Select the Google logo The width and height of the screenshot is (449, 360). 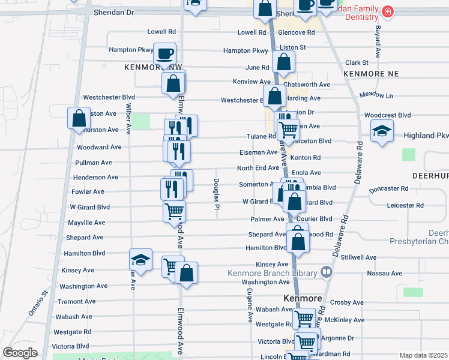pos(20,352)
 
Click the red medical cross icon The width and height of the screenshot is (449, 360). pos(388,11)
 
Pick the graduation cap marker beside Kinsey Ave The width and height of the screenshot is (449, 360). pos(140,260)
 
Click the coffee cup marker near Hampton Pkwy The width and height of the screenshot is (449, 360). pos(164,54)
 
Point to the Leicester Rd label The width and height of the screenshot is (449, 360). pos(405,205)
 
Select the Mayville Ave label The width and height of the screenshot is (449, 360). pos(86,222)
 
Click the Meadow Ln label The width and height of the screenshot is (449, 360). pos(376,95)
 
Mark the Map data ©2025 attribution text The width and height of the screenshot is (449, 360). pos(423,355)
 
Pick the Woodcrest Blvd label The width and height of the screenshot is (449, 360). pos(387,115)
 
